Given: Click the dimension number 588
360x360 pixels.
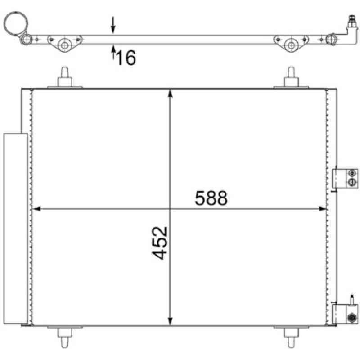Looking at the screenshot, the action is pyautogui.click(x=211, y=198).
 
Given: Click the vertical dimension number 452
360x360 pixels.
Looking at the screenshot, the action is pyautogui.click(x=160, y=243).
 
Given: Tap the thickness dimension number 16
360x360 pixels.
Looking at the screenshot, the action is pyautogui.click(x=126, y=58).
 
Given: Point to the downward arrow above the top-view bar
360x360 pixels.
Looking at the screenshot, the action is pyautogui.click(x=113, y=25).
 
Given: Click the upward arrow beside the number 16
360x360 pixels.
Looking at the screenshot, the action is pyautogui.click(x=113, y=53).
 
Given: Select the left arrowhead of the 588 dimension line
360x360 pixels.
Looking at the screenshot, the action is pyautogui.click(x=37, y=209).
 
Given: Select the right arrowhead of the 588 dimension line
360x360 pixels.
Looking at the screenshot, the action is pyautogui.click(x=323, y=209).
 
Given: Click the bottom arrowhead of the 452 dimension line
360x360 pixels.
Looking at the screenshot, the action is pyautogui.click(x=170, y=321).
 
